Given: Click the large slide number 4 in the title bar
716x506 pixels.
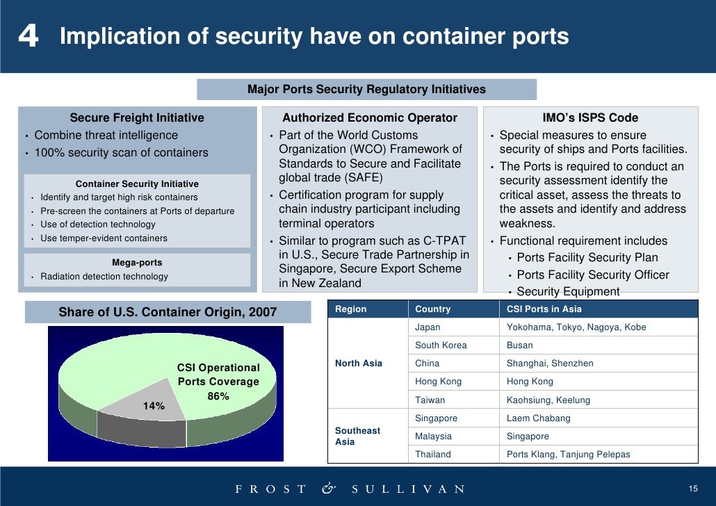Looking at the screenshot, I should coord(29,36).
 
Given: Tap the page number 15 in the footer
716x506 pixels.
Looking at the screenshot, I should coord(692,488).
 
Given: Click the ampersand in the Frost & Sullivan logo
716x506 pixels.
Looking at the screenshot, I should coord(328,488).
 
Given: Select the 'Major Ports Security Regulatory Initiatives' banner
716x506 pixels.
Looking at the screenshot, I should coord(366,89).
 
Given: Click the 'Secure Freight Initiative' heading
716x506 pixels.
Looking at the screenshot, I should coord(137,117).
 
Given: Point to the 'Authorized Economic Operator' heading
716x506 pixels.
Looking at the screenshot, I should coord(369,117).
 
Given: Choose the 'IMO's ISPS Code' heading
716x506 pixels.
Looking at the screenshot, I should coord(590,117).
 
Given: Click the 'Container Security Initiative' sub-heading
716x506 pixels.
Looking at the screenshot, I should coord(137,183).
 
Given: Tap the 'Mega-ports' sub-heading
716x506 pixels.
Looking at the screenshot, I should coord(137,263).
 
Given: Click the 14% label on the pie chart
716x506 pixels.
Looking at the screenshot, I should coord(154,406).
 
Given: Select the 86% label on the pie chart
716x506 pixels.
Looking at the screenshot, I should coord(218,396).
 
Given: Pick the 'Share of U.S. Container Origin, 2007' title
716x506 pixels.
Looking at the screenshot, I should coord(168,313).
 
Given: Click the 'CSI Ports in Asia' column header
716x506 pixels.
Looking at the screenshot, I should coord(544,309).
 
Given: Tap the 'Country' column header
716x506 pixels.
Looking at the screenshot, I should coord(432,309).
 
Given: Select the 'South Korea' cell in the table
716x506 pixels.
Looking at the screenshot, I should coord(441,345).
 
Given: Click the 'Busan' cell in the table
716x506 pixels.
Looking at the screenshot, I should coord(520,345).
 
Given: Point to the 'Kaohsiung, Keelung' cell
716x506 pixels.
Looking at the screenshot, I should coord(548,400).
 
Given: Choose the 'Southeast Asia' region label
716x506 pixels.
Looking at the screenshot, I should coord(357,436).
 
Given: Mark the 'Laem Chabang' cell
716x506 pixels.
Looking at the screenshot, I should coord(538,418).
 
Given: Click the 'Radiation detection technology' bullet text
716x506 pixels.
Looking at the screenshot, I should coord(104,277).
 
